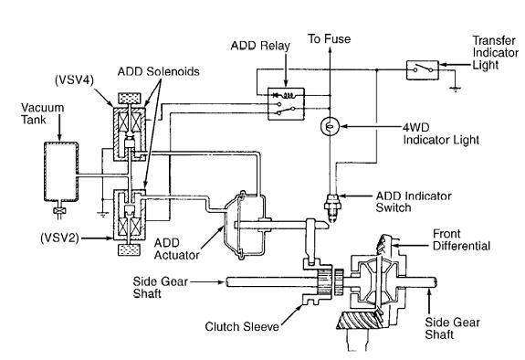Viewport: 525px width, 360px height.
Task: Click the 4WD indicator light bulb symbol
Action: click(330, 126)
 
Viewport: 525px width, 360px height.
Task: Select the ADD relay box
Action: click(287, 104)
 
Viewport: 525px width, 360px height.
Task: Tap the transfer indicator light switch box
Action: click(422, 70)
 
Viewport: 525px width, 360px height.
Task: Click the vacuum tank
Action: click(61, 172)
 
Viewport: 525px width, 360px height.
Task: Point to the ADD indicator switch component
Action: click(332, 206)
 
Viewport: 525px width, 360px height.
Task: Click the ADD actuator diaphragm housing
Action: click(244, 226)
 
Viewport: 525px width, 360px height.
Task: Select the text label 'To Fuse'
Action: click(329, 39)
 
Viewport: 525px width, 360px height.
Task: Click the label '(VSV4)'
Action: click(74, 80)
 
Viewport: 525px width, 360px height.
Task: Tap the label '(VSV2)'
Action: click(59, 238)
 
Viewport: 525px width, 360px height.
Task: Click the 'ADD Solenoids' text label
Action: click(158, 71)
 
